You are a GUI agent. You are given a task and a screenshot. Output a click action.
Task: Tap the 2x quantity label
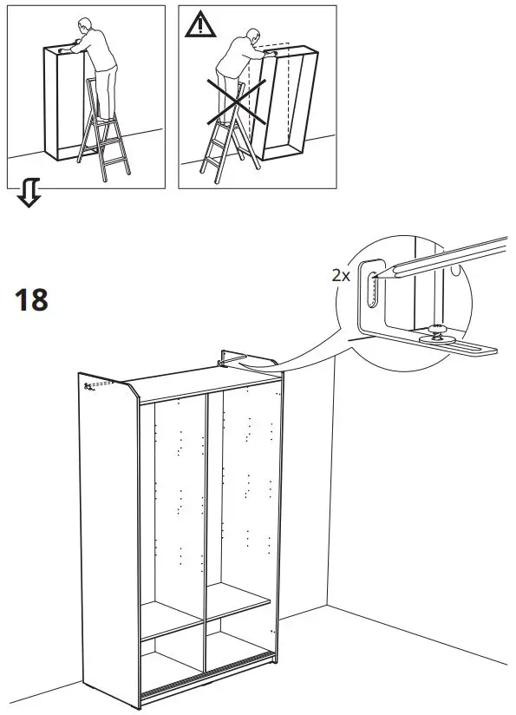[340, 275]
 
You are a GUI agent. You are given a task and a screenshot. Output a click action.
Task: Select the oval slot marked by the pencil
[372, 288]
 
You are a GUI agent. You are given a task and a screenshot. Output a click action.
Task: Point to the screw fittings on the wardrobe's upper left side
[89, 386]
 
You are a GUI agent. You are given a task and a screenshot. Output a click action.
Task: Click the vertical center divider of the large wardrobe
[206, 538]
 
